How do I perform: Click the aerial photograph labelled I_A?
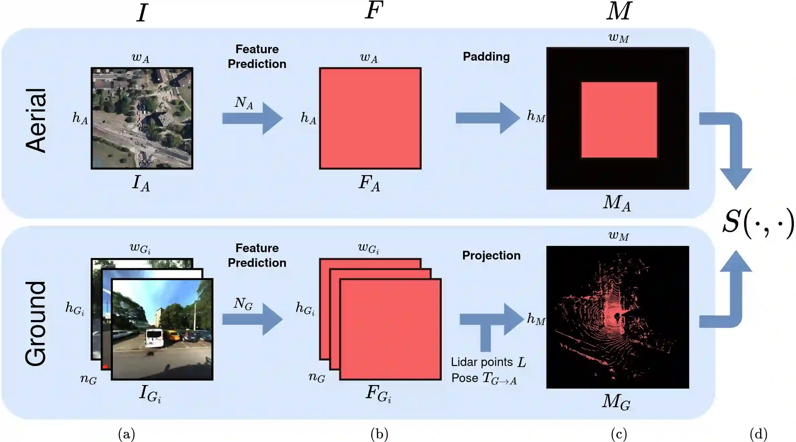(142, 118)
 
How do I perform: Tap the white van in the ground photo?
(155, 338)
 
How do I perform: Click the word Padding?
(486, 57)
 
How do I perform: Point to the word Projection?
(491, 255)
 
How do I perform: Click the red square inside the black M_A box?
(619, 120)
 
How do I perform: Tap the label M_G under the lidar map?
(616, 401)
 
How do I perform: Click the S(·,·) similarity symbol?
(758, 222)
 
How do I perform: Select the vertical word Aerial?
(36, 121)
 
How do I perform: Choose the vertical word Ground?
(36, 323)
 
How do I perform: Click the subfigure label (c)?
(619, 434)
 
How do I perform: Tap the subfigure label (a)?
(126, 434)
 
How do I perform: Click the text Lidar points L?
(488, 362)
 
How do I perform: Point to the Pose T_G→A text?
(484, 378)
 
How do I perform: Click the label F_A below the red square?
(369, 183)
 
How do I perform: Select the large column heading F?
(374, 11)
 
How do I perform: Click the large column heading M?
(619, 11)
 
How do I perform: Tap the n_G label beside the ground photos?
(89, 379)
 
